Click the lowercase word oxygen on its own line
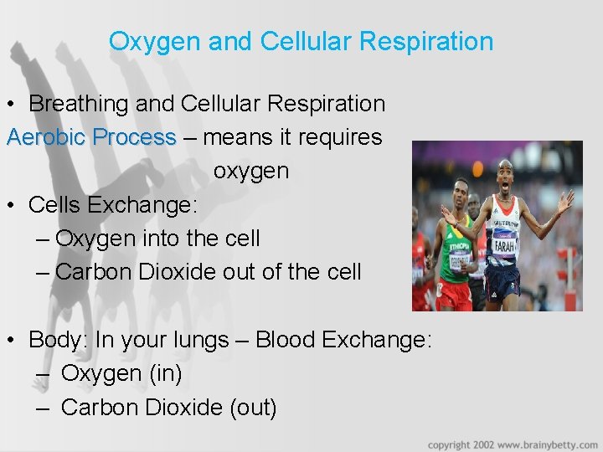(251, 171)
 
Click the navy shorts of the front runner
(502, 282)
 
